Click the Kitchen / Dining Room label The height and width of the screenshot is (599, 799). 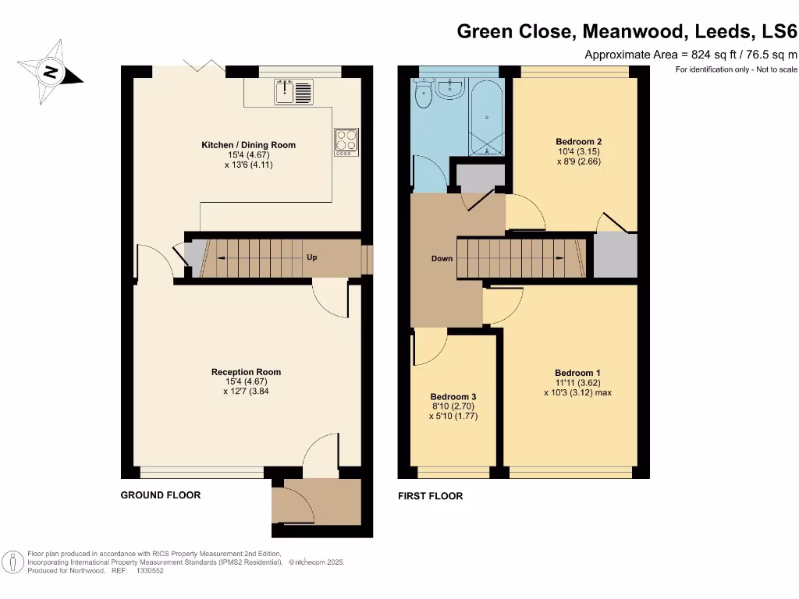pyautogui.click(x=248, y=145)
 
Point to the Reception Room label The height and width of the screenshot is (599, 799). pyautogui.click(x=246, y=372)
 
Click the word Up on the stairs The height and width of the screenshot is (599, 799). pyautogui.click(x=311, y=257)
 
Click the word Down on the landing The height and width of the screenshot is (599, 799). pyautogui.click(x=442, y=258)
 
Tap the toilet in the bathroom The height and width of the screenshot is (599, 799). pyautogui.click(x=424, y=95)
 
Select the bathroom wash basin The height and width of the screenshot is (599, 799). pyautogui.click(x=449, y=88)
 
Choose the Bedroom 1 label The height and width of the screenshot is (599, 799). pyautogui.click(x=577, y=373)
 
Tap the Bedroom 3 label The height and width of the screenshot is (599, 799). pyautogui.click(x=453, y=396)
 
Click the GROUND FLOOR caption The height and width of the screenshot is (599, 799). pyautogui.click(x=160, y=495)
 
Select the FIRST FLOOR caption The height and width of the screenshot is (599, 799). pyautogui.click(x=430, y=496)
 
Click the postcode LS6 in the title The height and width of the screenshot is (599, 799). pyautogui.click(x=779, y=32)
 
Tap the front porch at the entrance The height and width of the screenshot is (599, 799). pyautogui.click(x=316, y=503)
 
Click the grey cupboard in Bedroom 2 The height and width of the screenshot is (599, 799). pyautogui.click(x=616, y=255)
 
